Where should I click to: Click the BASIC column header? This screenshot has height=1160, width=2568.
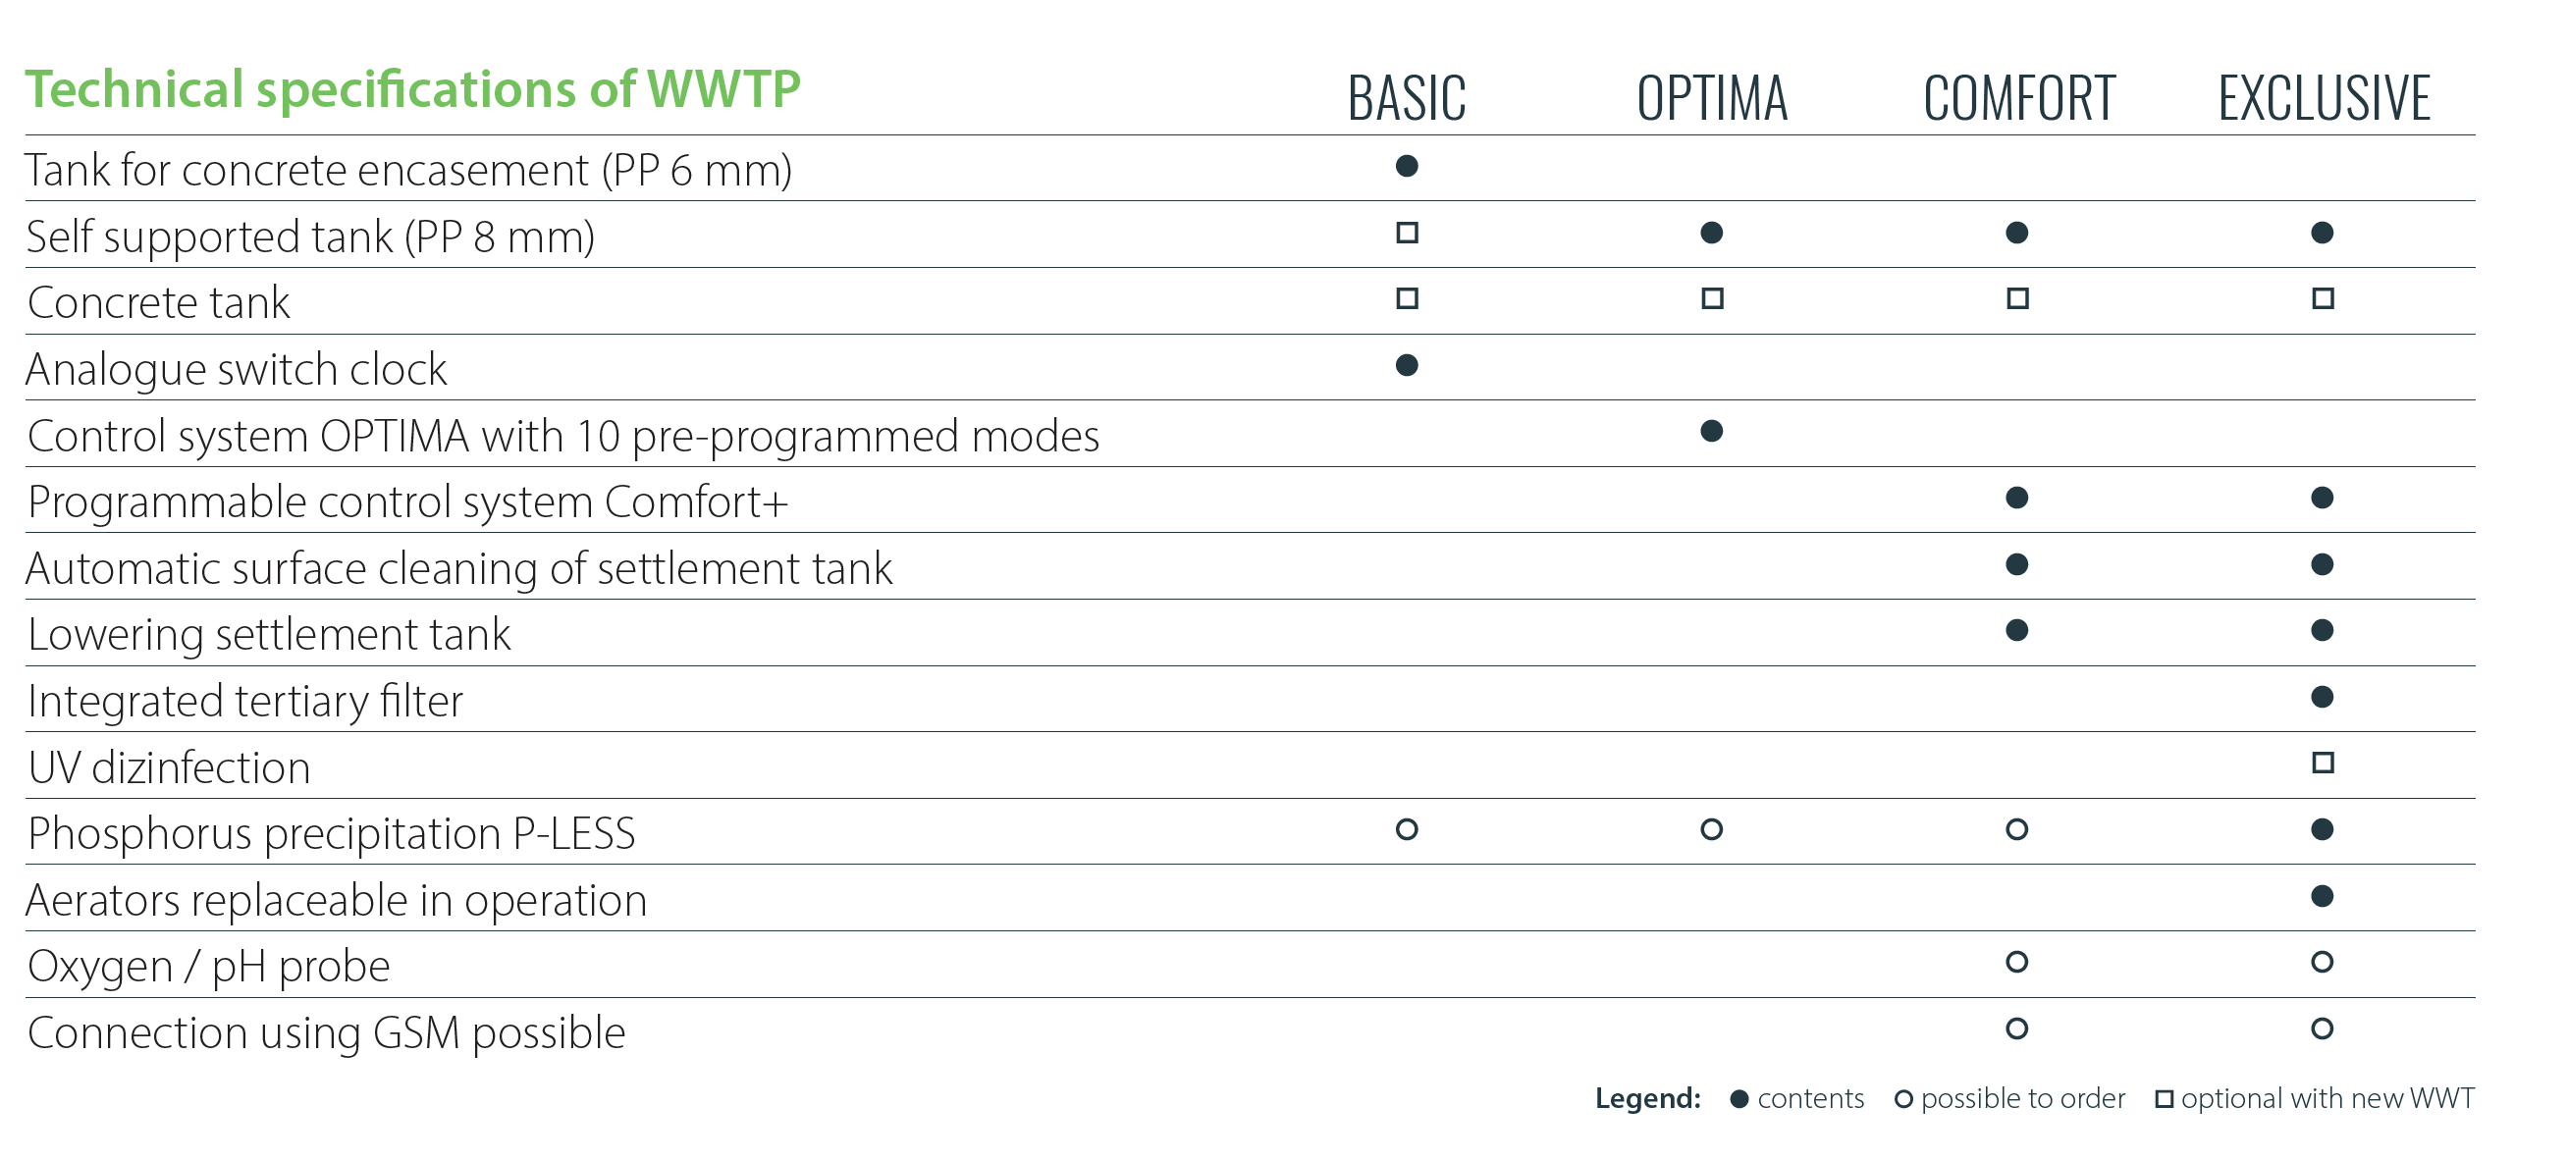click(x=1407, y=98)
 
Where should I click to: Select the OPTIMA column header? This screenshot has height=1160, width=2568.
click(x=1712, y=98)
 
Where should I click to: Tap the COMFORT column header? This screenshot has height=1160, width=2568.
click(x=2018, y=98)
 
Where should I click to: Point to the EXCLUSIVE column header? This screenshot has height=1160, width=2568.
click(x=2324, y=98)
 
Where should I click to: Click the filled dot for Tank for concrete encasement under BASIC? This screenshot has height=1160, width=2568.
click(x=1407, y=166)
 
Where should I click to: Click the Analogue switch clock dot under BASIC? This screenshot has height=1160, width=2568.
click(x=1407, y=365)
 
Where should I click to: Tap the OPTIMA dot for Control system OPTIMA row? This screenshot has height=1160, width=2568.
click(x=1712, y=431)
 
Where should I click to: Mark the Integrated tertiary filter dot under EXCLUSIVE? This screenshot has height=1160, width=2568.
click(x=2322, y=697)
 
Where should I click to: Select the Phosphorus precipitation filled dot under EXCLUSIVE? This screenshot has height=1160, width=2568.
click(x=2322, y=829)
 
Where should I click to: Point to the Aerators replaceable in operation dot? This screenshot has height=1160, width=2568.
click(x=2322, y=896)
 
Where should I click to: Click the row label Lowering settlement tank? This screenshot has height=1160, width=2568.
click(x=269, y=635)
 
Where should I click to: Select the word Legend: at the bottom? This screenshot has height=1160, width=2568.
click(x=1648, y=1098)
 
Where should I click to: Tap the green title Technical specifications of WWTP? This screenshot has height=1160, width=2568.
click(x=412, y=89)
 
